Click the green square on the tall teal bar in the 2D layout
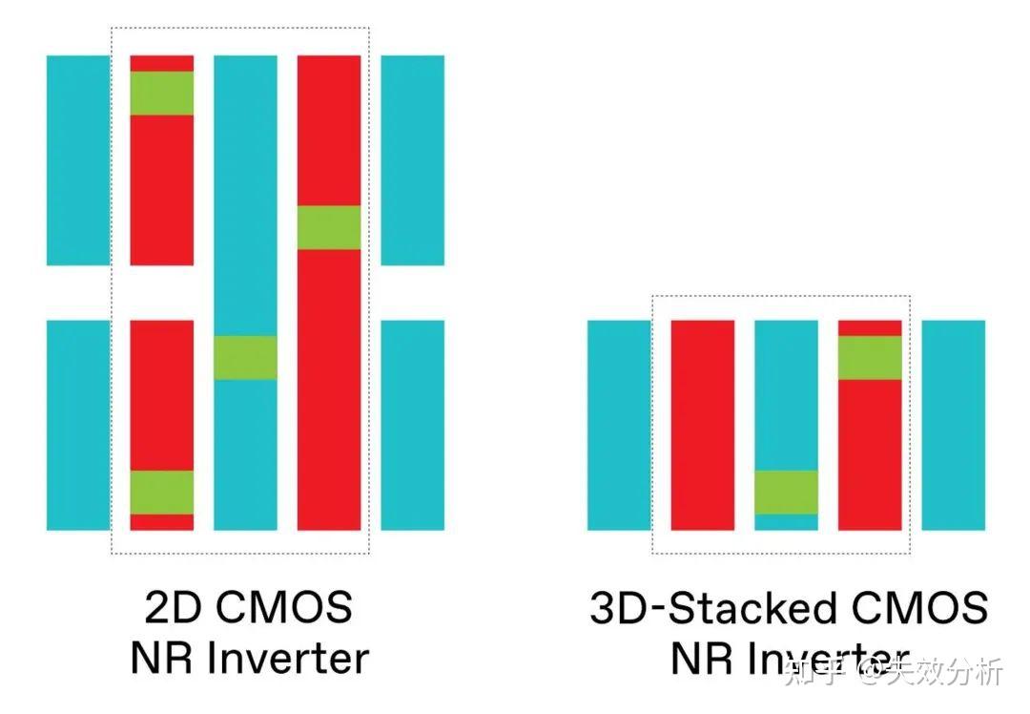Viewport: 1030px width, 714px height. coord(245,358)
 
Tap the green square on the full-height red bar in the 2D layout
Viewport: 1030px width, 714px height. coord(329,227)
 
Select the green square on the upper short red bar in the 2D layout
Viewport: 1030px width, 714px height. coord(162,94)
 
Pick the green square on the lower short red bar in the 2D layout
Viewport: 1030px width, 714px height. coord(162,492)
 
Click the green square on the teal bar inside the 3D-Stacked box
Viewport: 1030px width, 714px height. coord(786,492)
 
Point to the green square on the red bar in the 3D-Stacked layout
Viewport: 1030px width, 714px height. coord(870,358)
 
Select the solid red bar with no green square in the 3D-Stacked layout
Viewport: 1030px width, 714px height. coord(703,425)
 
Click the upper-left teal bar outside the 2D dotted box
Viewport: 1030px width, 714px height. coord(78,160)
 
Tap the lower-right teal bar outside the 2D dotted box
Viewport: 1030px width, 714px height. coord(412,425)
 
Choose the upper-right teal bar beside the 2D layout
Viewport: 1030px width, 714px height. coord(412,160)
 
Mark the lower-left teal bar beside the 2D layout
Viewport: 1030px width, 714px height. coord(78,425)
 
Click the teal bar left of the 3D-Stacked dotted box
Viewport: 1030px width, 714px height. coord(619,425)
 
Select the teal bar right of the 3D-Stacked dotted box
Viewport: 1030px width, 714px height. coord(953,425)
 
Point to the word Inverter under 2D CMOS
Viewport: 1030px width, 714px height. coord(281,658)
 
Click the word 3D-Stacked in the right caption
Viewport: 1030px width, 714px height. coord(725,608)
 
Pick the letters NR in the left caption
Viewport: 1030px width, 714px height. coord(157,658)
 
